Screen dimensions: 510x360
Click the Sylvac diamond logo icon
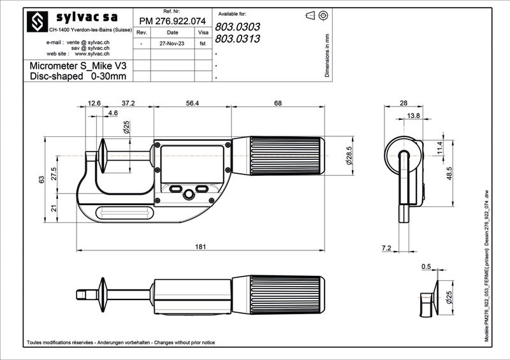[37, 22]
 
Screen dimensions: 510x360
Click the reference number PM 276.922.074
[172, 21]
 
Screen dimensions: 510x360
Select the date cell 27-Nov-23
[172, 43]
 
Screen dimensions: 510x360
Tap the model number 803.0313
[237, 39]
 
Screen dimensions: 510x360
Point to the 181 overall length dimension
[200, 247]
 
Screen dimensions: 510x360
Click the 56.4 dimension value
[193, 103]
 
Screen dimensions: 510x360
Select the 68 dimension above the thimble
[278, 103]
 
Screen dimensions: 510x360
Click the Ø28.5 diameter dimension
[349, 155]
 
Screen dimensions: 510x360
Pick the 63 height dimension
[41, 180]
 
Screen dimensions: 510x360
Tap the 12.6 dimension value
[94, 103]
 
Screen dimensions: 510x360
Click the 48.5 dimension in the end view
[449, 173]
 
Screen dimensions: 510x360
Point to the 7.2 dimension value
[386, 248]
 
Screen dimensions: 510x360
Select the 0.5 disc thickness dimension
[426, 266]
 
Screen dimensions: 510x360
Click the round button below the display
[189, 194]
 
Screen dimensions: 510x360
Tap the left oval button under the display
[176, 189]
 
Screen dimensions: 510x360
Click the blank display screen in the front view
[193, 164]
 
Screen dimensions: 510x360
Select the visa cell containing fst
[203, 43]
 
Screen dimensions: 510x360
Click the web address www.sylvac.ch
[92, 54]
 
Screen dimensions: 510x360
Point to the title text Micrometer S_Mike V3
[78, 66]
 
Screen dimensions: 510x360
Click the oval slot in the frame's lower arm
[124, 213]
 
